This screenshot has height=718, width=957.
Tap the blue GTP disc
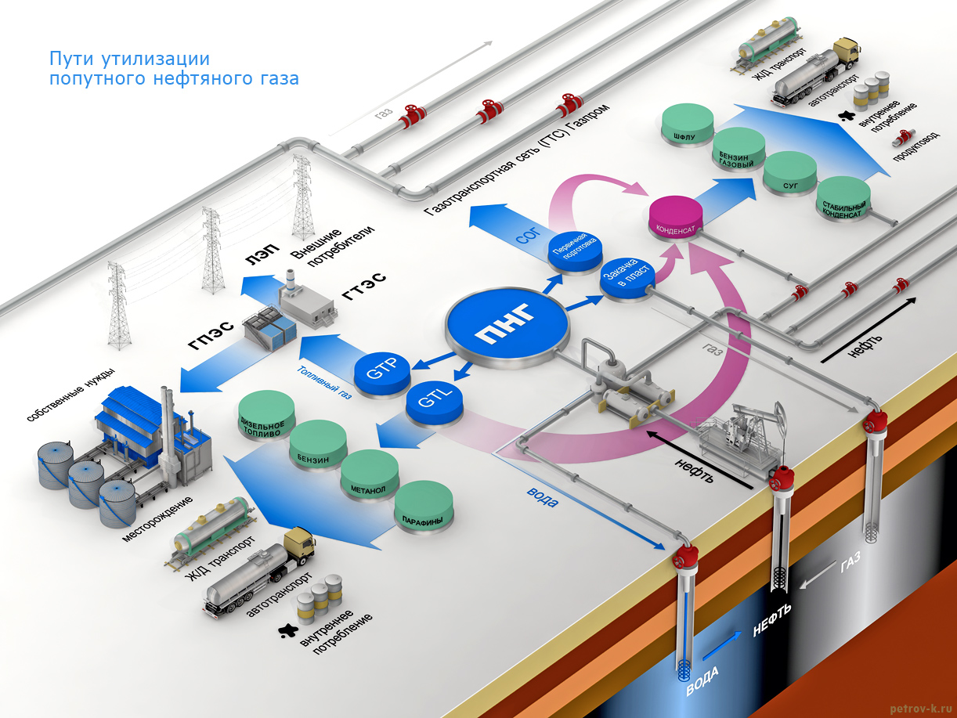click(382, 370)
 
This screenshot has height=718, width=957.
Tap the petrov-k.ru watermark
click(921, 707)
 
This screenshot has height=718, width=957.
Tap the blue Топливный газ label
click(324, 384)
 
